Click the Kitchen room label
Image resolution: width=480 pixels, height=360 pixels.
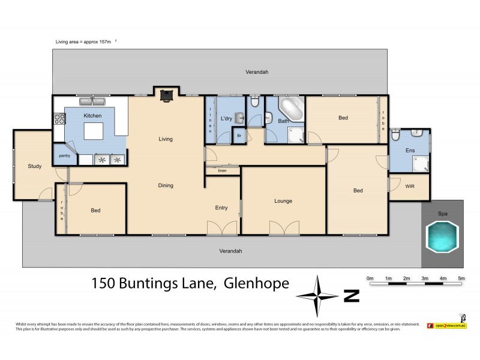click(92, 115)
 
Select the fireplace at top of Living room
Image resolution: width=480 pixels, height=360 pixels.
click(165, 94)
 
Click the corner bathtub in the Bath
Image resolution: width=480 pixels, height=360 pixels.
click(292, 110)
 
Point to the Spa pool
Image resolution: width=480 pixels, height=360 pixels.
click(442, 236)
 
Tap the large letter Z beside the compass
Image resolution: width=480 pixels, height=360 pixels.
click(351, 295)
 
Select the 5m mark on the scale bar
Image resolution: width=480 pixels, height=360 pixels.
click(461, 278)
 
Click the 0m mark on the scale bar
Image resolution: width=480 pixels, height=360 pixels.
click(370, 278)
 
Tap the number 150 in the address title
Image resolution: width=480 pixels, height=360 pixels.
click(103, 283)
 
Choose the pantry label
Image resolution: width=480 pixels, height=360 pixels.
click(64, 155)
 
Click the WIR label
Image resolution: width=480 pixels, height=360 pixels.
click(410, 187)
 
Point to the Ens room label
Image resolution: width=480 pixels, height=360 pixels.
click(410, 151)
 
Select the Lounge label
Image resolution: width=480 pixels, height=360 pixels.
click(283, 201)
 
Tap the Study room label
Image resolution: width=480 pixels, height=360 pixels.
click(34, 166)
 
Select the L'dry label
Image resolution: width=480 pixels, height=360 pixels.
click(226, 119)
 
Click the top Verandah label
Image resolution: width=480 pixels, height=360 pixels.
click(257, 72)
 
